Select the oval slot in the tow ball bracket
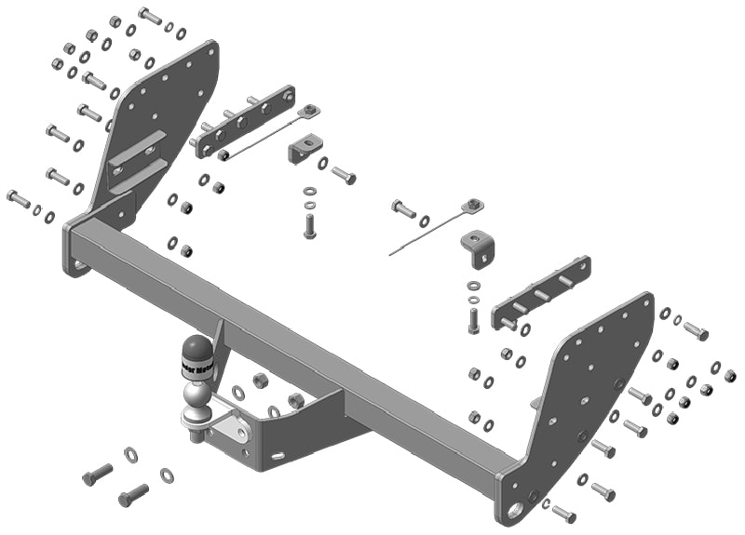278,455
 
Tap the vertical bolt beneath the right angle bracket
473,319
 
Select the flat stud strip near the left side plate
245,123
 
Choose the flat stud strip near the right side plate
540,291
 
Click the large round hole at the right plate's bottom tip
516,510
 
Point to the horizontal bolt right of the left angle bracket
344,174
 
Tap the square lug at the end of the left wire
309,112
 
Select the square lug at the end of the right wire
474,205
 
